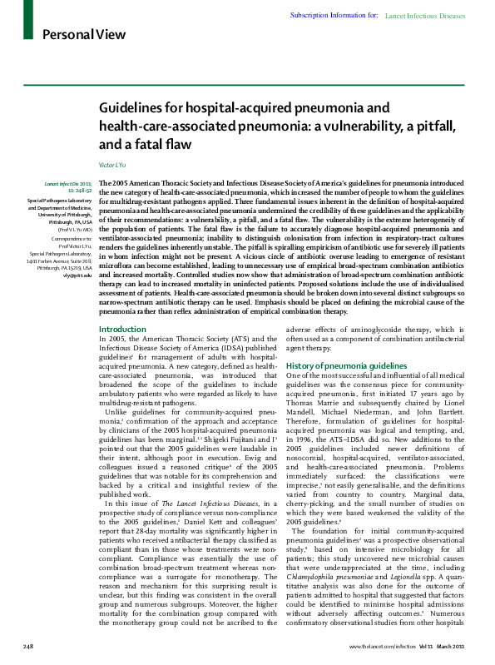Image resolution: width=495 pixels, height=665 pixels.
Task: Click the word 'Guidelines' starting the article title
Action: click(133, 109)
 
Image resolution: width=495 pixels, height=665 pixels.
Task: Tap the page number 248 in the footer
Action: click(27, 646)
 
